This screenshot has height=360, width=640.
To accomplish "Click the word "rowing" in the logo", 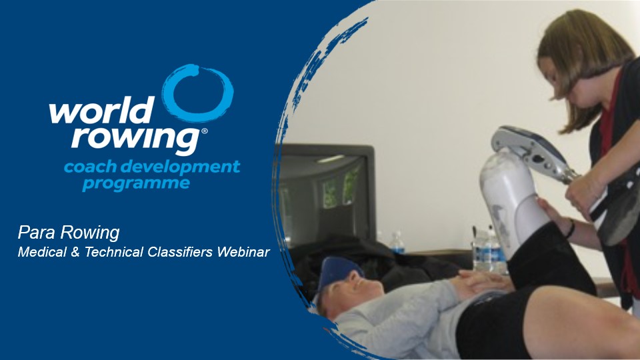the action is pos(136,139).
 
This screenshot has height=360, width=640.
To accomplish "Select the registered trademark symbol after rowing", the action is pos(205,131).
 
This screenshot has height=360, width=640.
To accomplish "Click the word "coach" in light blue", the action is pos(90,167).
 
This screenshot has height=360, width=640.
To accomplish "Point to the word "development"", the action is pos(180,167).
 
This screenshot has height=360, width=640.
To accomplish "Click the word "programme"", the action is pos(136,184).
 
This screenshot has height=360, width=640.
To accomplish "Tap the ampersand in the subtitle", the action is pos(75,252).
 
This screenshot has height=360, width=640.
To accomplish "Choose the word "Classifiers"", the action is pos(180,252).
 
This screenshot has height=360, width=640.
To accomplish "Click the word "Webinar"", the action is pos(243,252).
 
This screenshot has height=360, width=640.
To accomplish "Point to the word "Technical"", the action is pos(114,252).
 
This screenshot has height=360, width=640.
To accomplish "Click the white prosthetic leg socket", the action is pos(509,200).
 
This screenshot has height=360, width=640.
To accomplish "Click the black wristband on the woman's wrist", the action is pos(571,229).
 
